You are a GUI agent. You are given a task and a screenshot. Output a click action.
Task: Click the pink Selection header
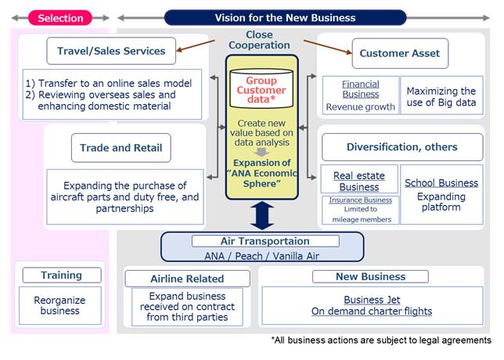[x=60, y=17]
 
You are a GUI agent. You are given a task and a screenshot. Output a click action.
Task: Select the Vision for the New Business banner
[x=285, y=17]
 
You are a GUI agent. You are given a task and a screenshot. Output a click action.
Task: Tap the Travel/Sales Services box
[x=111, y=52]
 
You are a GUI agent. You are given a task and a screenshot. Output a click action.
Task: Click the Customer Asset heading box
[x=399, y=53]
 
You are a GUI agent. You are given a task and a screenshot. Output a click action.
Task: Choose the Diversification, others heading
[x=401, y=146]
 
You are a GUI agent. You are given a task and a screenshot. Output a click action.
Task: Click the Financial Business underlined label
[x=360, y=89]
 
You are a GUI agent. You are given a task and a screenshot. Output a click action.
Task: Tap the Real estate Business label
[x=359, y=181]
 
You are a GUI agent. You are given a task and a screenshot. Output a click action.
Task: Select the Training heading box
[x=61, y=275]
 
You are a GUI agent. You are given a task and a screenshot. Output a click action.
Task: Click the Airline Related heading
[x=187, y=279]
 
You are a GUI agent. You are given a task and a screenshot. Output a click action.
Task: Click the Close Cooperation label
[x=260, y=40]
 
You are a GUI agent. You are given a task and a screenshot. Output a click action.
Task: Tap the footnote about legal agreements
[x=380, y=340]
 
